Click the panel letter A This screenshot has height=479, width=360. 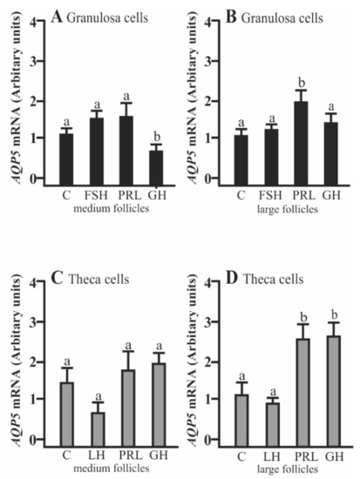point(57,14)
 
